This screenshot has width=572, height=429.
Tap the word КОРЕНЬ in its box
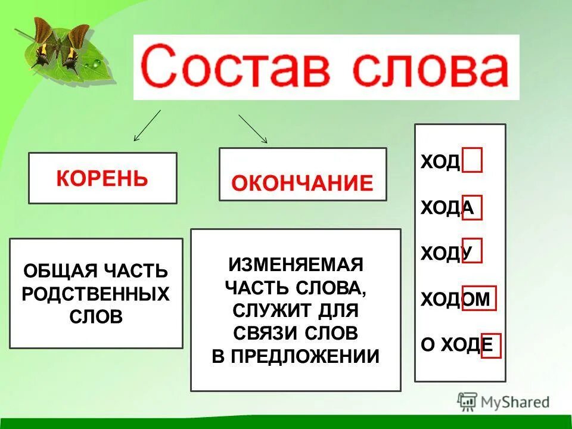tap(102, 178)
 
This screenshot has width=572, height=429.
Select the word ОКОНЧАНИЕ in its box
tap(302, 183)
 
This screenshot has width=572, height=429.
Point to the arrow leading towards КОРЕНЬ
tap(147, 126)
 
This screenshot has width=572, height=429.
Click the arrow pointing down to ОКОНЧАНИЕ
tap(253, 129)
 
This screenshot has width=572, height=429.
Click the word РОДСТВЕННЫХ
tap(96, 294)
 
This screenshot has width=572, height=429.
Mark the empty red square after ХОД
tap(472, 161)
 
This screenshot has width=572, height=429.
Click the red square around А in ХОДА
tap(471, 208)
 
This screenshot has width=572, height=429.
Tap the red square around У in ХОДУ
tap(471, 251)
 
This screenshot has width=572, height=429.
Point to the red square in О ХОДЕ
tap(491, 346)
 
